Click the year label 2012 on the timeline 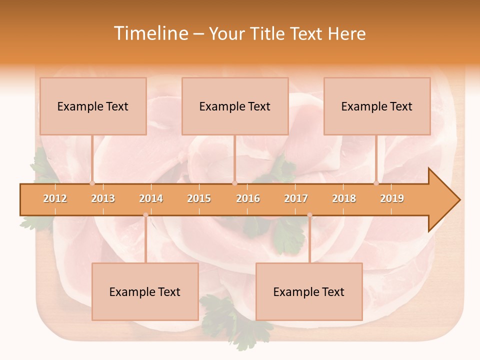tap(55, 198)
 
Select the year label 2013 tap(103, 198)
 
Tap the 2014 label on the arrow tap(151, 198)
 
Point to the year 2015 tap(199, 198)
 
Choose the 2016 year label tap(248, 198)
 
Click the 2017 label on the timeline tap(296, 198)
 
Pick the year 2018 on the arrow tap(344, 198)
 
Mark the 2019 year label tap(392, 198)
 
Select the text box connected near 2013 tap(93, 106)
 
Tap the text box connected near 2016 tap(235, 106)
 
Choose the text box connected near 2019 tap(377, 106)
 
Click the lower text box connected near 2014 tap(145, 291)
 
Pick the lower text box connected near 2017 tap(309, 291)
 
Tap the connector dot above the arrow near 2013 tap(92, 183)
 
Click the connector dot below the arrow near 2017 tap(309, 215)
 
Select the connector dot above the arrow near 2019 tap(376, 183)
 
